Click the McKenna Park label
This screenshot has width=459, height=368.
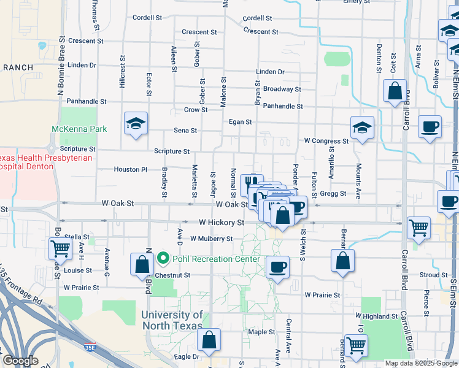[79, 129]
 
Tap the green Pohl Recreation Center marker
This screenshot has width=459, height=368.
[163, 258]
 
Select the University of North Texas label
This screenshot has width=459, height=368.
[171, 320]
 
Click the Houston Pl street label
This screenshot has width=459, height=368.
[131, 169]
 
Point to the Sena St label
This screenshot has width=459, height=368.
[185, 131]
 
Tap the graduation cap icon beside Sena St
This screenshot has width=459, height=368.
[136, 124]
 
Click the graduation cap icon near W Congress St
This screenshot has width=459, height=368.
[363, 128]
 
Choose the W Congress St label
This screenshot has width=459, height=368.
[326, 141]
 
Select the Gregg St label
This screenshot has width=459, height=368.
[333, 194]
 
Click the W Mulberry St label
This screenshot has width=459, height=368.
[211, 239]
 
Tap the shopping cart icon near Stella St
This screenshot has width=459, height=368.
[61, 248]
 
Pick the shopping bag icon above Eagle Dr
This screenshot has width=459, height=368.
[209, 340]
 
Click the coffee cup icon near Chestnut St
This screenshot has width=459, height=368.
[277, 267]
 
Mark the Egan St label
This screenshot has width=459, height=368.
[240, 122]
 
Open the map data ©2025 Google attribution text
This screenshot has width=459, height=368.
[420, 363]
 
